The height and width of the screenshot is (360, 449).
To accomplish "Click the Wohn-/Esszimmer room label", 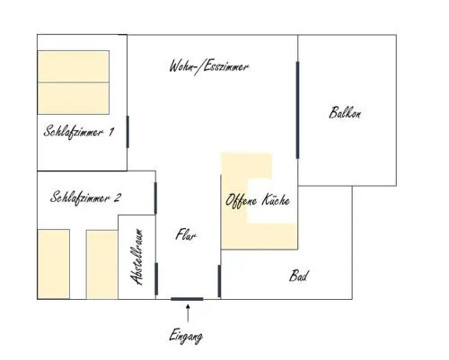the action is (208, 67).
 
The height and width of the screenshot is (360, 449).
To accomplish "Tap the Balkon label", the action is (345, 113).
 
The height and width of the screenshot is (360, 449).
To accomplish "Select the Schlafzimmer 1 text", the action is (79, 132).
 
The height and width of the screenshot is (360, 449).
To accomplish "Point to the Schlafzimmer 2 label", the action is (85, 198).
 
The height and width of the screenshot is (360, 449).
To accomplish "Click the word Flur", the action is (186, 234).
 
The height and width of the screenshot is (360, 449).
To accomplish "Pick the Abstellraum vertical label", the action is (136, 257).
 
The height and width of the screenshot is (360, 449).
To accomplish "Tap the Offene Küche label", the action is (258, 200).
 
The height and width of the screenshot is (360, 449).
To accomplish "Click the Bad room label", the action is (298, 276).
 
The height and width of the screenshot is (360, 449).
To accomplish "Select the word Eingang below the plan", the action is (186, 337).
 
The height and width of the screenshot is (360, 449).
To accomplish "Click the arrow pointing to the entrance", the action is (188, 313).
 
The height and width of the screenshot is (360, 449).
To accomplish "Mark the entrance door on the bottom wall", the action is (187, 299).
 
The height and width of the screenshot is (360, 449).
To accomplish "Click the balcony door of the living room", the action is (297, 110).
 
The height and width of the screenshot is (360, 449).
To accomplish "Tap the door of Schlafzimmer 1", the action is (128, 132).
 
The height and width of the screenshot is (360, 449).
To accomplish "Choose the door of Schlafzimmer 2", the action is (155, 198).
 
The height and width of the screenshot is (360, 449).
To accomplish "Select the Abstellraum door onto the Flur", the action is (156, 279).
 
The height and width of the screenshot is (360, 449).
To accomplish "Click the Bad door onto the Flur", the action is (219, 281).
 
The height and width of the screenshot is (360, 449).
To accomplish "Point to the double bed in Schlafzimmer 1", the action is (74, 83).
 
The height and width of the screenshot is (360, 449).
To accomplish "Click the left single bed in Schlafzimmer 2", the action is (54, 264).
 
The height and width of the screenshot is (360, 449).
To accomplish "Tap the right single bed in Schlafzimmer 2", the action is (102, 265).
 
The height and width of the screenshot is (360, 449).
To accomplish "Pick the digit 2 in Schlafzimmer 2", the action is (117, 198).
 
